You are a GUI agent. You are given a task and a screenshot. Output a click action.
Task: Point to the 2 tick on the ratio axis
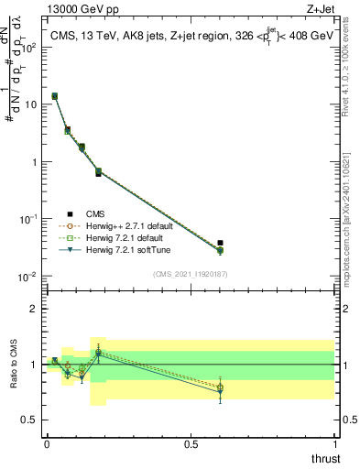33,309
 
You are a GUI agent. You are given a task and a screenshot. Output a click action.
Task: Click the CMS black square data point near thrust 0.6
220,243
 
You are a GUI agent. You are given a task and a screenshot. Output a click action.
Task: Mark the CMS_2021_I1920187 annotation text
190,274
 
